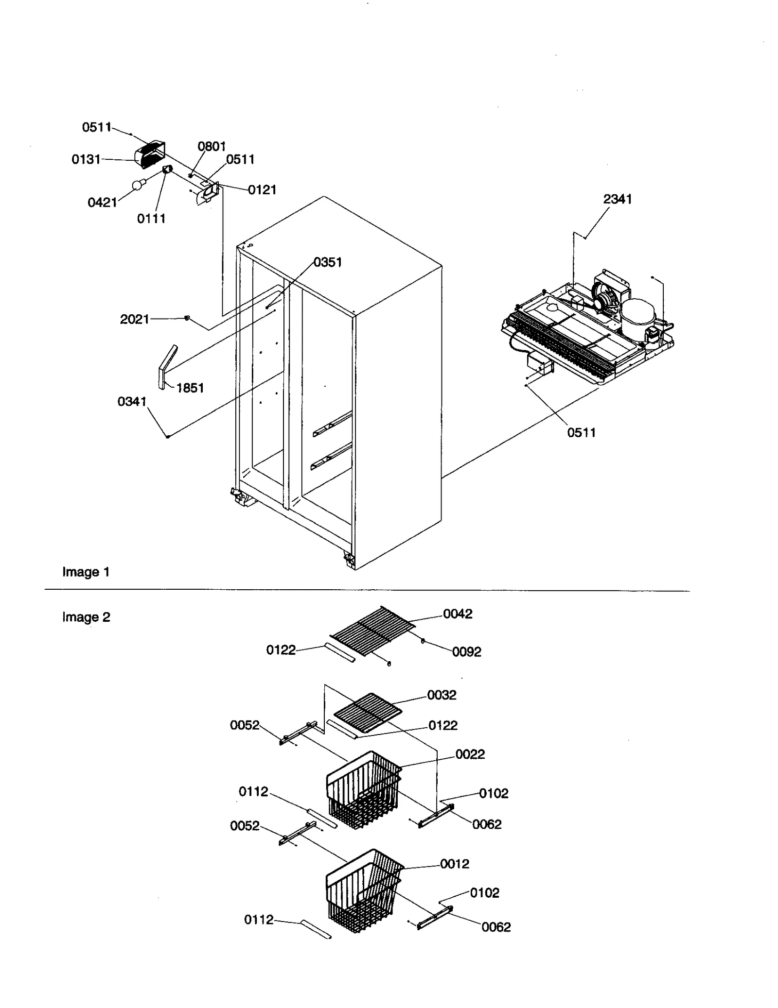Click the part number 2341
coord(617,199)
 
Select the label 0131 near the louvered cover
coord(86,159)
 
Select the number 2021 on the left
coord(134,319)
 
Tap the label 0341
coord(132,402)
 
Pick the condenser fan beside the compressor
coord(605,301)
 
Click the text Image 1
coord(86,572)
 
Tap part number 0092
coord(466,652)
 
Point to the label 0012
coord(455,864)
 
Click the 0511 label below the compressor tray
coord(581,433)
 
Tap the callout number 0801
coord(212,146)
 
